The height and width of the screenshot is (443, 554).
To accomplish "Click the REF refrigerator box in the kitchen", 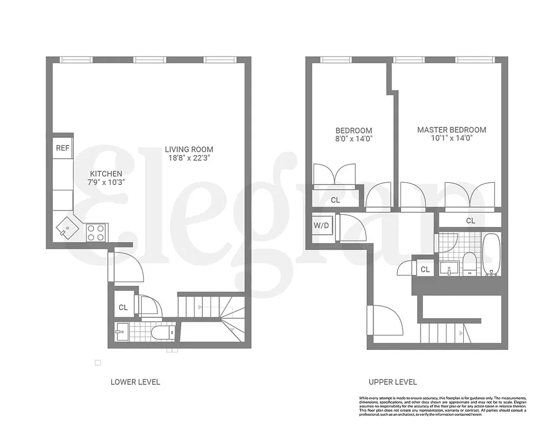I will point(63,148).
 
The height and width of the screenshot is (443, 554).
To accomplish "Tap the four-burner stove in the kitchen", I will point(96,232).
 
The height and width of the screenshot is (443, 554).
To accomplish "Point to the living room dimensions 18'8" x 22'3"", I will point(189,158).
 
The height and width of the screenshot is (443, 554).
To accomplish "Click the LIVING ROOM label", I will point(189,149).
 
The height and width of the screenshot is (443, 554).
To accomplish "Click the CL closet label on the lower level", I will point(123,307).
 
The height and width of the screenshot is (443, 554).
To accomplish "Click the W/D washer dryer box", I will point(321,226).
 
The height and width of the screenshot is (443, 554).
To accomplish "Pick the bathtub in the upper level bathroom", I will point(491,255).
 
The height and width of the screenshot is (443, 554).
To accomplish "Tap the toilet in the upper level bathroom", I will point(469,263).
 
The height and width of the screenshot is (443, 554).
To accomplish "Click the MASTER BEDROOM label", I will point(452,130).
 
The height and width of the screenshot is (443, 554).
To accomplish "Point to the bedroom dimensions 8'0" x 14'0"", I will point(353,139).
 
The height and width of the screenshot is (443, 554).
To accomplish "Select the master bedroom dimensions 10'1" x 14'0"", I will point(452,139).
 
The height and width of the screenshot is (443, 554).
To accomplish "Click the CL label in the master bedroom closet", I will point(470,220).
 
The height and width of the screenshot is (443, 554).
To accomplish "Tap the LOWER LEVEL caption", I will point(135,382).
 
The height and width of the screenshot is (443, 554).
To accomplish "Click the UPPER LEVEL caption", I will point(393,382).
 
